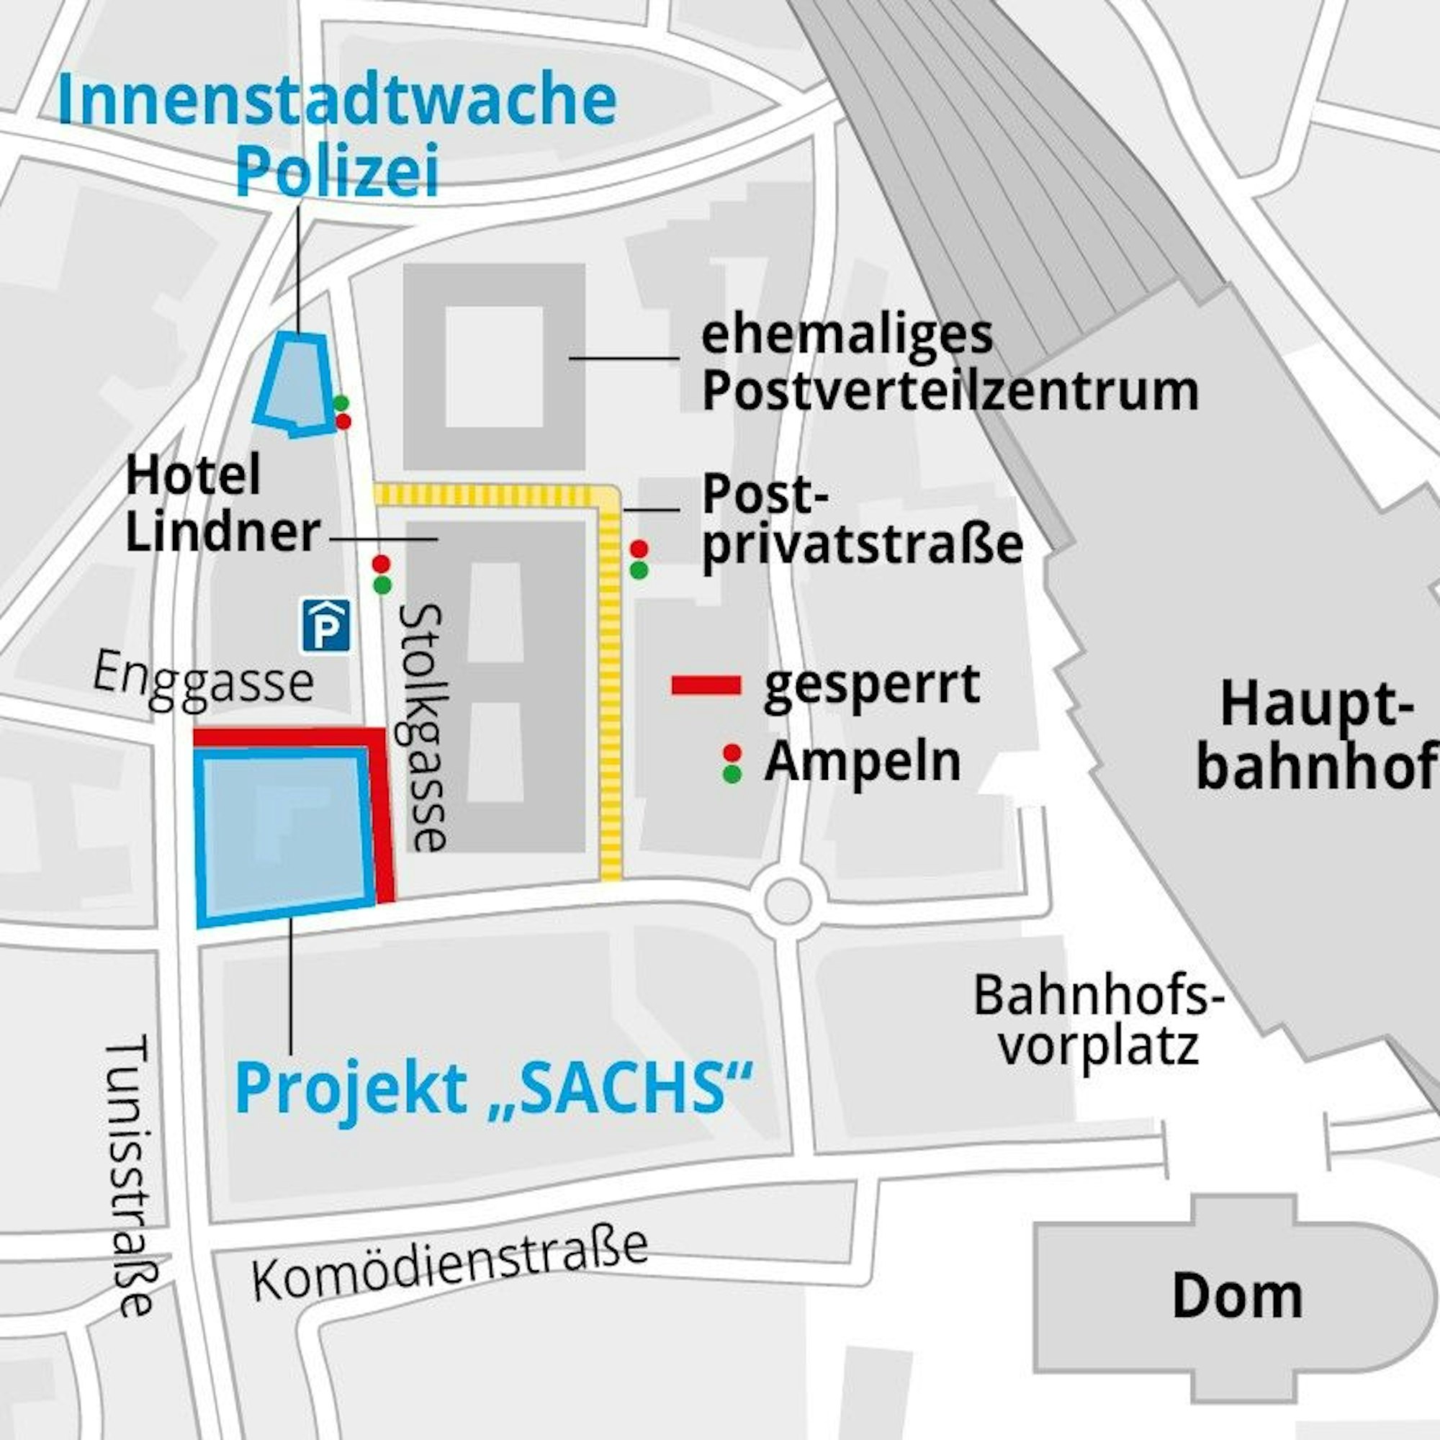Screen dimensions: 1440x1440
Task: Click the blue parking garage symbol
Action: [x=325, y=626]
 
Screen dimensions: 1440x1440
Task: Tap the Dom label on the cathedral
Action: [x=1237, y=1296]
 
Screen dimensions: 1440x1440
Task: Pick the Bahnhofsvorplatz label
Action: [x=1099, y=1020]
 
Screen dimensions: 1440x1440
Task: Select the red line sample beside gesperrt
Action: [x=706, y=685]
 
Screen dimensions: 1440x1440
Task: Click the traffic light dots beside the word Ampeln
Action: [x=732, y=762]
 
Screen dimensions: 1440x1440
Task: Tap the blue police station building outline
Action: [x=294, y=384]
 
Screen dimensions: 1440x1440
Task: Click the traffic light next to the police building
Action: [x=342, y=412]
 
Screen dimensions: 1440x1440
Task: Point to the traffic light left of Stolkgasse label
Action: [x=382, y=574]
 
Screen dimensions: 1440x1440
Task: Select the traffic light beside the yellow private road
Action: [x=639, y=559]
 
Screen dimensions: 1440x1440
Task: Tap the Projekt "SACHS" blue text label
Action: [x=493, y=1089]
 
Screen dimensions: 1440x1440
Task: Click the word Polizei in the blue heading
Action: [x=337, y=171]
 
